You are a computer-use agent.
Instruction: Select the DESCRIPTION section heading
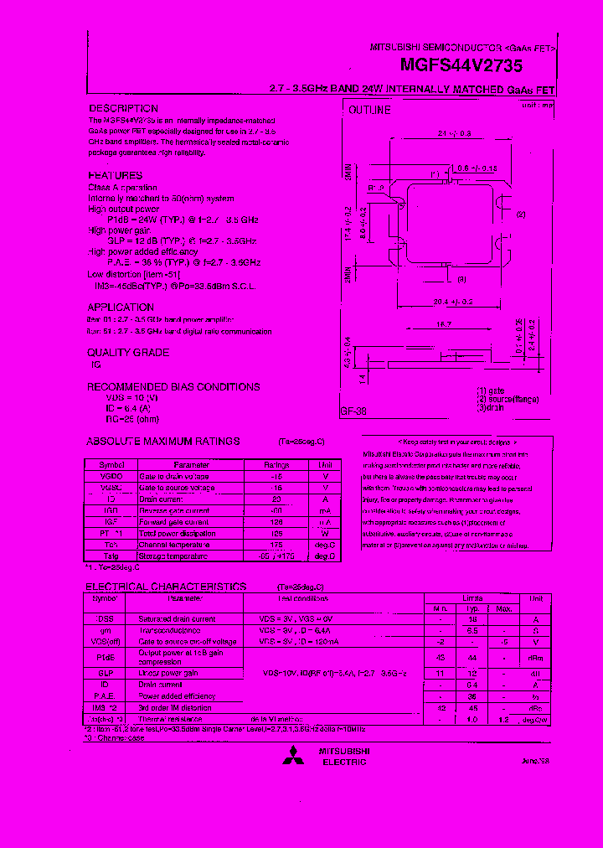click(123, 109)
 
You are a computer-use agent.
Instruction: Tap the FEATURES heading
click(116, 175)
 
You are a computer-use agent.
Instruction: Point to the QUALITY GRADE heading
click(128, 353)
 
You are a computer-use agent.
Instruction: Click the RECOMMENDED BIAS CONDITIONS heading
click(174, 387)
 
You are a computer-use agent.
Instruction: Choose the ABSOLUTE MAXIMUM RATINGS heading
click(163, 441)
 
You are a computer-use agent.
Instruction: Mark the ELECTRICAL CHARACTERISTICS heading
click(166, 587)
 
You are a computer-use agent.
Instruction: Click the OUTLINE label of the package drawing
click(369, 110)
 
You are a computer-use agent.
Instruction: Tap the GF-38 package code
click(355, 411)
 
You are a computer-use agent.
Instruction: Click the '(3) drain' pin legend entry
click(492, 407)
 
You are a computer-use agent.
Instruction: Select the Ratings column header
click(277, 464)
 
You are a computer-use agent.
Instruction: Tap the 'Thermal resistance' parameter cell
click(170, 719)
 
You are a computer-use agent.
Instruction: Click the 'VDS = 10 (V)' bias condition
click(122, 399)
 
